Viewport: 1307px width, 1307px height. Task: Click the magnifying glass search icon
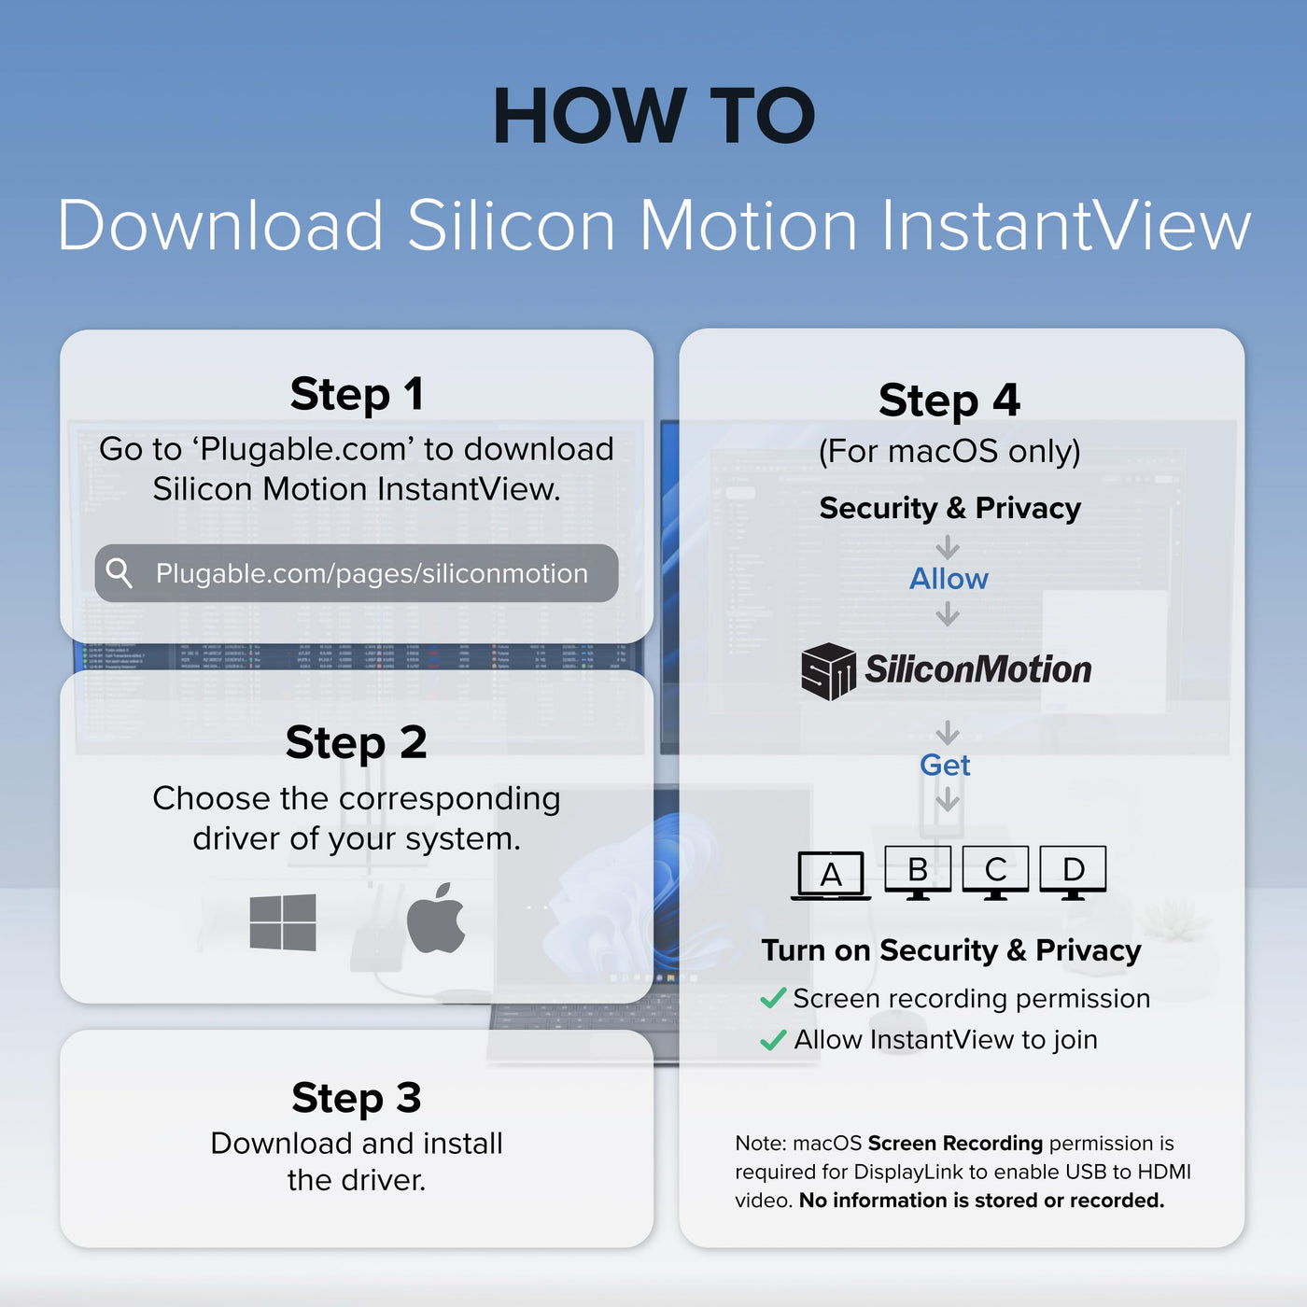coord(119,573)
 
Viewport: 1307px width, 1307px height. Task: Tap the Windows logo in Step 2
coord(283,922)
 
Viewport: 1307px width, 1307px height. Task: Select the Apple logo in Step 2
coord(435,918)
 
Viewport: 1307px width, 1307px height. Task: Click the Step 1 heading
coord(357,394)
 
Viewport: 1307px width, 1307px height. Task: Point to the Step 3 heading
coord(357,1098)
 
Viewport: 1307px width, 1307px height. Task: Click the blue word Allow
coord(949,579)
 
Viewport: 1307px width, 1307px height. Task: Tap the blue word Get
coord(945,766)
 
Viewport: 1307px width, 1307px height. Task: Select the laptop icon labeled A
coord(831,876)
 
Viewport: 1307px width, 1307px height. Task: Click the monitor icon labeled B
coord(918,873)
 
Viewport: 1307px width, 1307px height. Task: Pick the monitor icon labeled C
coord(995,873)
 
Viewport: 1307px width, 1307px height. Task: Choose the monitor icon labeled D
coord(1073,873)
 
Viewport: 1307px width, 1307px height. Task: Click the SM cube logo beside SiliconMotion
coord(828,671)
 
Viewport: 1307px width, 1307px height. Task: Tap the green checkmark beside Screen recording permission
coord(773,998)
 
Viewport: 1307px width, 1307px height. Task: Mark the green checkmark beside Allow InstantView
coord(773,1040)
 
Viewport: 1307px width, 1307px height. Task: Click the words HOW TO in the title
coord(653,116)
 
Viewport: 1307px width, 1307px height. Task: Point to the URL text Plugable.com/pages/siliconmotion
coord(372,574)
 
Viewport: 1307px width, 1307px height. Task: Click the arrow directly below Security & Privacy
coord(948,547)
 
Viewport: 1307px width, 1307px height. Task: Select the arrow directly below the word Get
coord(948,799)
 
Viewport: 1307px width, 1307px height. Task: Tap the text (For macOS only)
coord(949,452)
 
